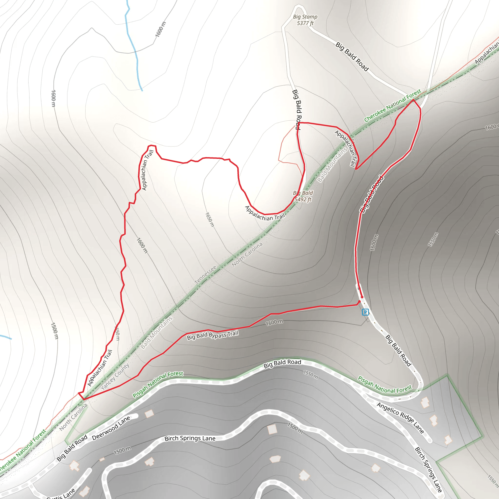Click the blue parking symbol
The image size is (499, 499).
pos(365,312)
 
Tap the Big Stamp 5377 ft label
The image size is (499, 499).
pos(305,20)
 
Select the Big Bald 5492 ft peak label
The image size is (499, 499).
pos(303,196)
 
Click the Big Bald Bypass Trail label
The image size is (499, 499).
pos(212,335)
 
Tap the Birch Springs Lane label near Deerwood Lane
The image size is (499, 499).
pos(190,438)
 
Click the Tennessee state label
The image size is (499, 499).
pos(206,275)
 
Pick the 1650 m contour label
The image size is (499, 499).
pos(210,220)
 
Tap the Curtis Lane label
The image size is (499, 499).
pos(61,494)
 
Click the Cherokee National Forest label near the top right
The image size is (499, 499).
pos(392,105)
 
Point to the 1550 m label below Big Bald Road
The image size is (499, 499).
pos(310,374)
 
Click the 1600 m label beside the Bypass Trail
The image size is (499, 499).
pos(274,322)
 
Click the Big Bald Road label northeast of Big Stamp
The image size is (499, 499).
pos(352,56)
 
